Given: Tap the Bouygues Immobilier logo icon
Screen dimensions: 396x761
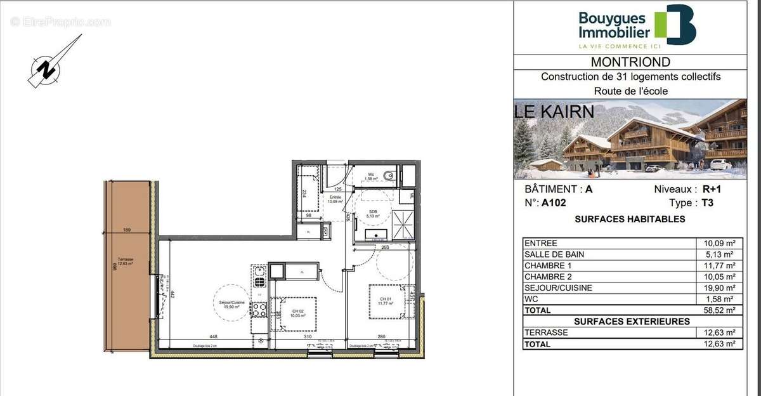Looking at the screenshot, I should [675, 25].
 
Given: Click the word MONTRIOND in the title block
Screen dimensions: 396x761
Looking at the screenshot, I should [630, 62].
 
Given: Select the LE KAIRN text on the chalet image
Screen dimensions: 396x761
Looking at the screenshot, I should [554, 112].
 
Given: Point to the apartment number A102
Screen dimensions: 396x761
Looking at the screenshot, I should [553, 203].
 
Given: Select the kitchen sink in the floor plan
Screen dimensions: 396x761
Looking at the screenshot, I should [259, 275].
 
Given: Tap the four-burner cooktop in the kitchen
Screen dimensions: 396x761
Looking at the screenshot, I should [259, 309].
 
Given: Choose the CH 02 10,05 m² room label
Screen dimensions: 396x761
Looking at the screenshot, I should [296, 312].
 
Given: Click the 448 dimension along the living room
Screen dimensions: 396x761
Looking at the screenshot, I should [213, 337].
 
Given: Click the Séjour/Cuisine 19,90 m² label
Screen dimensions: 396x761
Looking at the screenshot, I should [228, 304].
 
